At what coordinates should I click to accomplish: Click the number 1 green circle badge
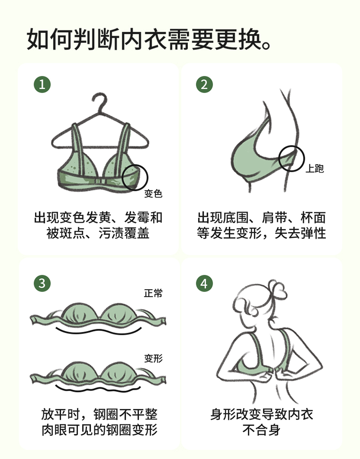(42, 84)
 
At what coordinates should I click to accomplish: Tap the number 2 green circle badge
(204, 84)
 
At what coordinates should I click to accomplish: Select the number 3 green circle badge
(42, 283)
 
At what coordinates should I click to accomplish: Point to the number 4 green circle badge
(204, 283)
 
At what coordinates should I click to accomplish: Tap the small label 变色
(153, 194)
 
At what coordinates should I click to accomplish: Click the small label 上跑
(314, 168)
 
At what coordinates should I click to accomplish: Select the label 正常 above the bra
(153, 293)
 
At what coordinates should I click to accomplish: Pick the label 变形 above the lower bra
(153, 358)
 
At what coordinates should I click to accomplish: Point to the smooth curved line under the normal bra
(98, 331)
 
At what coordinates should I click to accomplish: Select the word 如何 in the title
(50, 39)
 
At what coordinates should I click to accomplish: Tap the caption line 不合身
(261, 430)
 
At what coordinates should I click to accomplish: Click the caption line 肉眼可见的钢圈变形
(100, 430)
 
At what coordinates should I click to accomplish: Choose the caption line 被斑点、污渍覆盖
(98, 233)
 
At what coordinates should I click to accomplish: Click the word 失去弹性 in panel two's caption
(300, 233)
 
